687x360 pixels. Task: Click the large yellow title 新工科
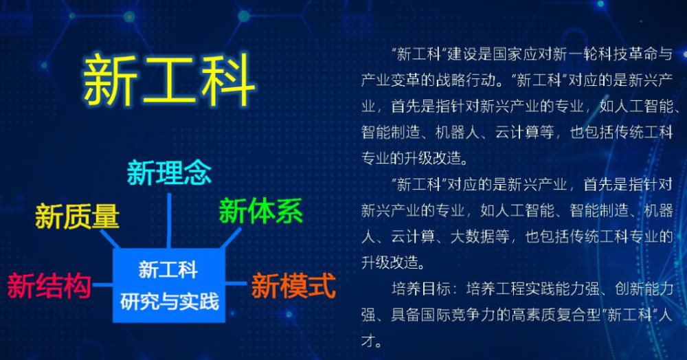tap(169, 80)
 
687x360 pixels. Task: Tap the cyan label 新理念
tap(169, 172)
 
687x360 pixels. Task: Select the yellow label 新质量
tap(77, 216)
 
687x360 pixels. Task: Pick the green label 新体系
tap(260, 211)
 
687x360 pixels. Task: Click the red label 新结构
tap(49, 286)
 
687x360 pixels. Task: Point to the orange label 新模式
tap(293, 286)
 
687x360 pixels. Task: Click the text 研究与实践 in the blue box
tap(169, 302)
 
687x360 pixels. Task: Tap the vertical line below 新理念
tap(169, 221)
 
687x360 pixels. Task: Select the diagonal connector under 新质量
tap(110, 239)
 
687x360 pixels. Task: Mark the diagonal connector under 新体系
tap(230, 238)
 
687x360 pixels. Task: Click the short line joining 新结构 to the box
tap(102, 285)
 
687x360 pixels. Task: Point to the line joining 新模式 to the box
tap(236, 283)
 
